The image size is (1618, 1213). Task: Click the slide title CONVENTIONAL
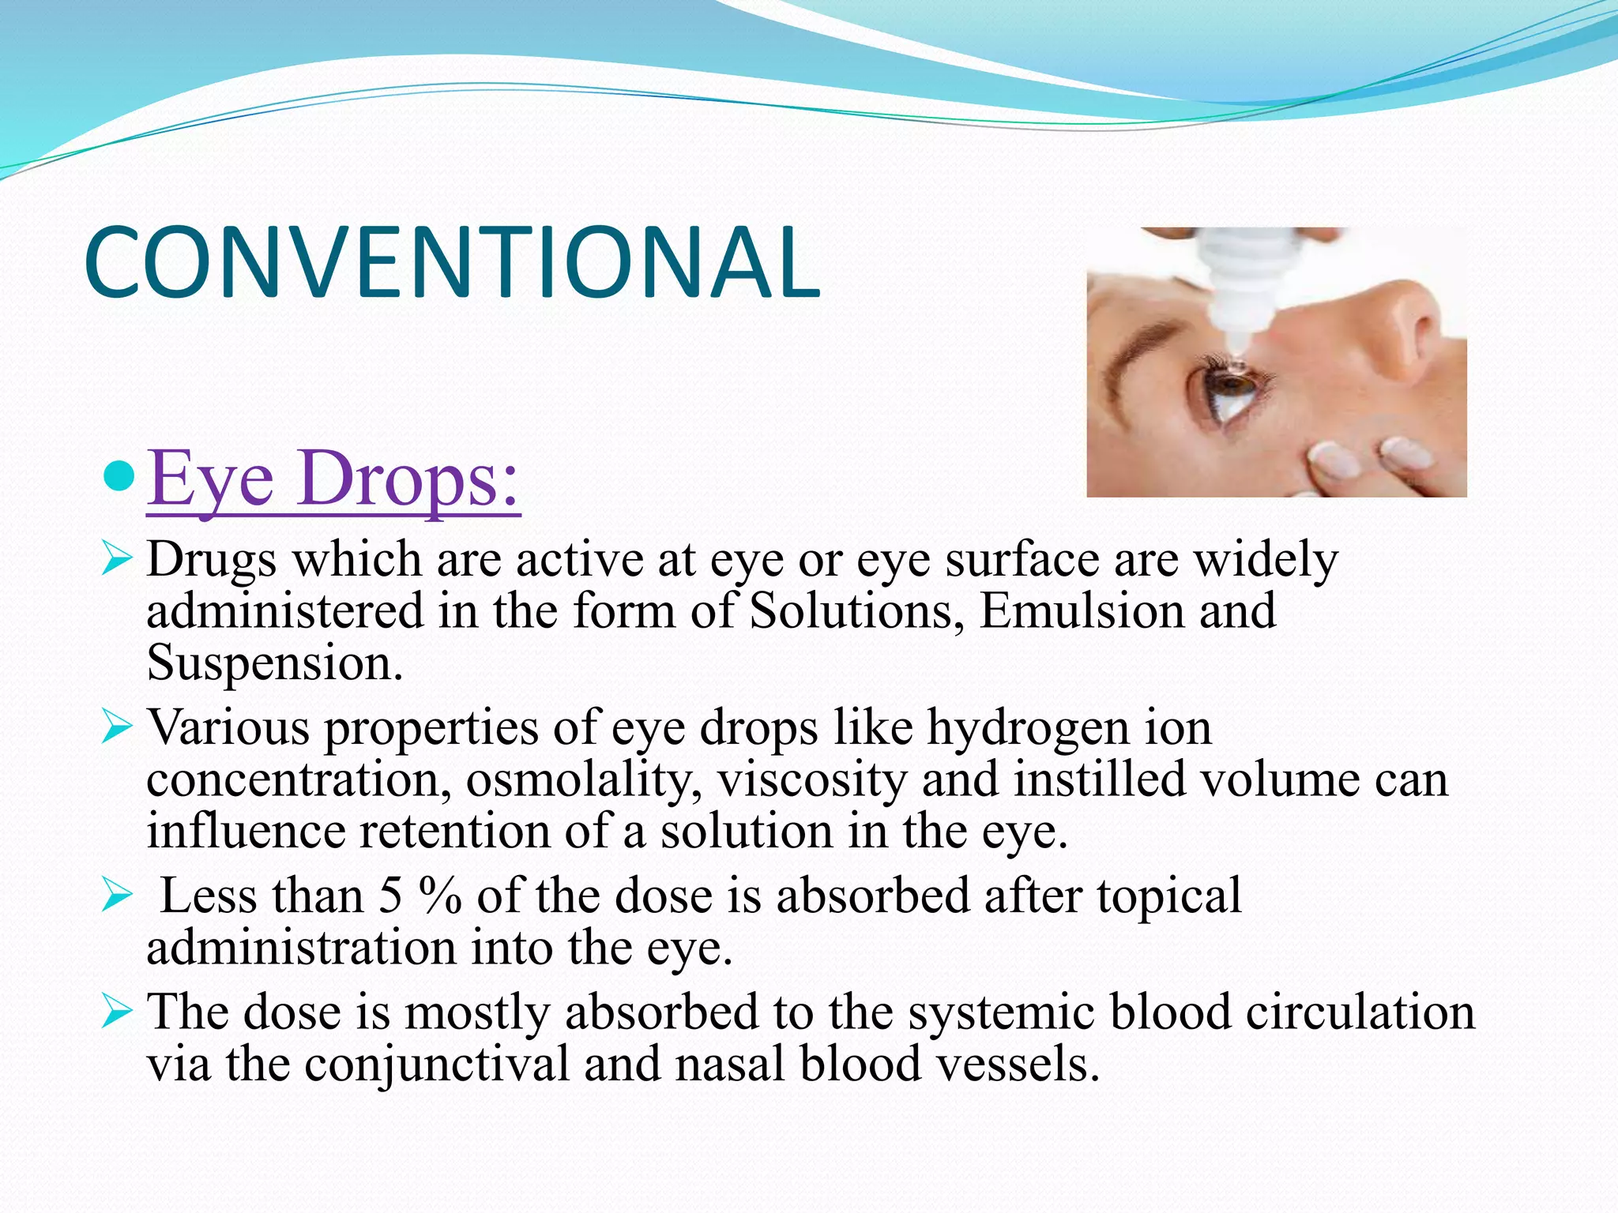click(x=452, y=263)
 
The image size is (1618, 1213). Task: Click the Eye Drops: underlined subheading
click(x=333, y=479)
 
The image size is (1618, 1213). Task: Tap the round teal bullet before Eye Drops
click(x=119, y=477)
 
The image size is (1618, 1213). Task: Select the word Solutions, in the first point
click(x=856, y=611)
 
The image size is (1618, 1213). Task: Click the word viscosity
click(x=812, y=779)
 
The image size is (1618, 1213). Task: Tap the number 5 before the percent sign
click(x=390, y=896)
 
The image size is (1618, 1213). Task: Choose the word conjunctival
click(x=436, y=1064)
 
